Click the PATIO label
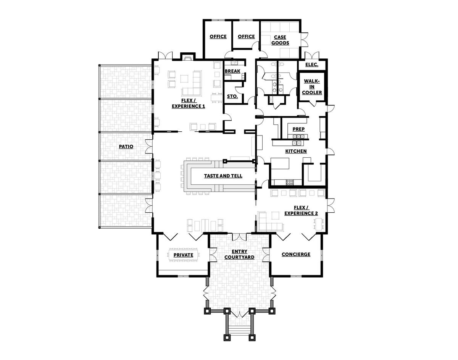(126, 147)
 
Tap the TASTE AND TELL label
(223, 176)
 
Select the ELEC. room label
(312, 65)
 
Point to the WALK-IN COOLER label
(312, 87)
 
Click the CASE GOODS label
(280, 40)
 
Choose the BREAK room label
(232, 71)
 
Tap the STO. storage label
(232, 97)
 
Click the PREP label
(298, 129)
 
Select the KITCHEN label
(296, 151)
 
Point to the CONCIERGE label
(296, 254)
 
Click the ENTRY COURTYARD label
(239, 254)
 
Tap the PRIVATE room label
(183, 255)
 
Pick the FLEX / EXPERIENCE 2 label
(301, 211)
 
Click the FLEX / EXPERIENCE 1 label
(188, 103)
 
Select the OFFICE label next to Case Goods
(246, 37)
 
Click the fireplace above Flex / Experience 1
(187, 57)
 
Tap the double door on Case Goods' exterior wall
(304, 39)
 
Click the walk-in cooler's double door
(312, 104)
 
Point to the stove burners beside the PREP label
(298, 137)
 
